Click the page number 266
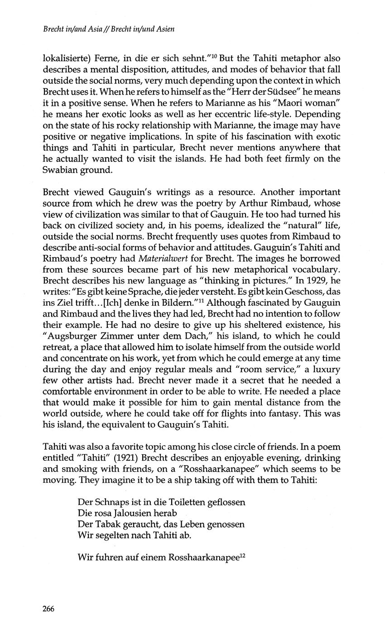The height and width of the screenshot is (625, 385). pos(48,609)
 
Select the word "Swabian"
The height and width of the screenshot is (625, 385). pos(58,169)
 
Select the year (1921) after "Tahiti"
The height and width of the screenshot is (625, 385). pos(132,458)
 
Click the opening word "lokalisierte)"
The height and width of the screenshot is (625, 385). pos(67,59)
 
